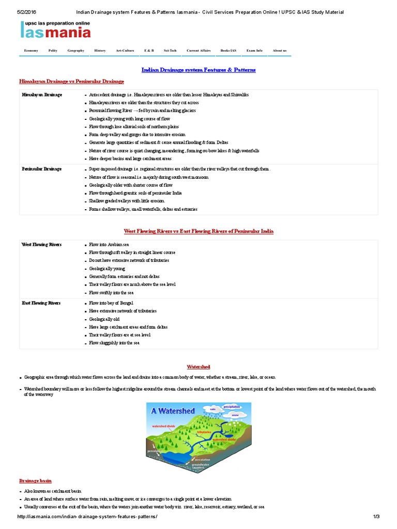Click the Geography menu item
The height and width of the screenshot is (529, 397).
(x=75, y=51)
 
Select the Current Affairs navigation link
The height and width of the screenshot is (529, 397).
(x=198, y=51)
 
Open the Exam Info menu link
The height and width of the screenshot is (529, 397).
(x=254, y=51)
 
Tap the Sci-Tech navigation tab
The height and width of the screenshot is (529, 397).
(x=170, y=51)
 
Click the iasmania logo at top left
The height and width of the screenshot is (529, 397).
(x=55, y=30)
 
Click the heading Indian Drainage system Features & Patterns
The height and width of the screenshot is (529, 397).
(x=198, y=70)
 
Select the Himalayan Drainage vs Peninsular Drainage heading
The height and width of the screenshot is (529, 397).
(x=71, y=82)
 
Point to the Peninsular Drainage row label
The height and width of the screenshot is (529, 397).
(x=42, y=169)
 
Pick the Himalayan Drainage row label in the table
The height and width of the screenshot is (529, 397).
(x=42, y=95)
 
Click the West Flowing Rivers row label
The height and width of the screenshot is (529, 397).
(x=41, y=244)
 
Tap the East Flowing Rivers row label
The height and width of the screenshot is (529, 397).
(x=41, y=303)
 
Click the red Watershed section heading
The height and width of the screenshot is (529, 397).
(x=198, y=366)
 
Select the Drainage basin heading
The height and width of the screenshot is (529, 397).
(x=35, y=480)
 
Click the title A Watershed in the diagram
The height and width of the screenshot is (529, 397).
(x=173, y=411)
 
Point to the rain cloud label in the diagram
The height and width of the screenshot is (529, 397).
(x=212, y=409)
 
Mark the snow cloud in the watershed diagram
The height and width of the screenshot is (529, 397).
(x=235, y=415)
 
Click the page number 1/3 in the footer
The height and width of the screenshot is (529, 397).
(x=376, y=517)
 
